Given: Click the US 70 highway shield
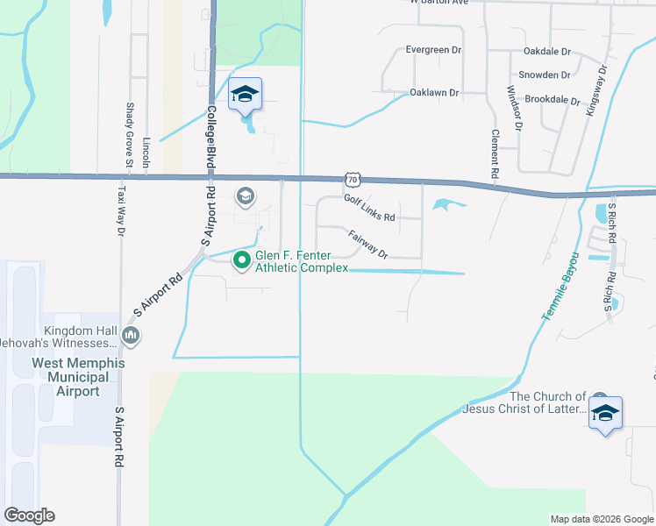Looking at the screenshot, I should tap(352, 180).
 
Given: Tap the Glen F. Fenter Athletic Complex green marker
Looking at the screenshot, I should tap(243, 260).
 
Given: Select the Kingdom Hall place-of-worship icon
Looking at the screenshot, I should tap(132, 334).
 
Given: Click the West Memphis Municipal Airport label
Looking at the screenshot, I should tap(78, 377).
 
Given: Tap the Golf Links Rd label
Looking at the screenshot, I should tap(369, 209).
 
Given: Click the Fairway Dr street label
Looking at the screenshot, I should tap(367, 245).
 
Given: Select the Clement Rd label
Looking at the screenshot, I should tap(496, 155).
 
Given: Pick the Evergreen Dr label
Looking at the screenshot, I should tap(433, 50).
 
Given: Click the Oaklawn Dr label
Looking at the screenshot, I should tap(435, 92).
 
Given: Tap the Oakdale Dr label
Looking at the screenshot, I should tap(546, 53).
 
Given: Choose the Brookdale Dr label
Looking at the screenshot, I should tap(551, 101).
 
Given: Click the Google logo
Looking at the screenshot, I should tap(29, 515).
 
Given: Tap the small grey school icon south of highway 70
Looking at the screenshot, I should tap(246, 195).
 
